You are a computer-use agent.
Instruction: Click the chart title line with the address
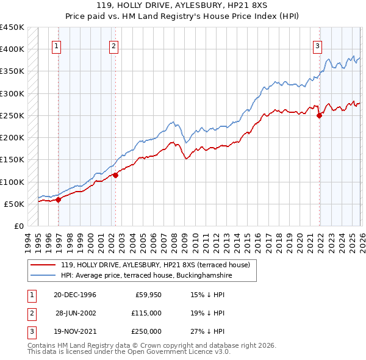183,5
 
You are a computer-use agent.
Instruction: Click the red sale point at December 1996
59,199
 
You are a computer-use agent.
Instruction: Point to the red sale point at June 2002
115,175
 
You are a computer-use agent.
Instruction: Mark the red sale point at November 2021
319,115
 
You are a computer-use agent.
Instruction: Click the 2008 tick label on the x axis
178,239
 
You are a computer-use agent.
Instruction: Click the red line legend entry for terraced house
150,265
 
